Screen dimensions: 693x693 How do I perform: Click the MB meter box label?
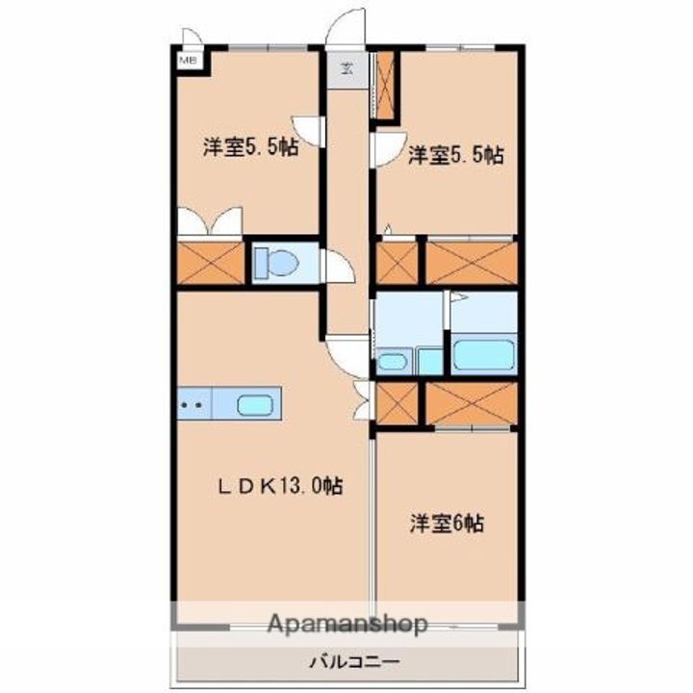click(x=188, y=61)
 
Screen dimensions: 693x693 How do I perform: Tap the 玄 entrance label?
click(x=346, y=68)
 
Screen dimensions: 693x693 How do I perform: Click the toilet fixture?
click(x=276, y=263)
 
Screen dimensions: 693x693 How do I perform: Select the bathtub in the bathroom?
click(x=484, y=353)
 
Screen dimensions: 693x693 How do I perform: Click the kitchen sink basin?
click(x=254, y=404)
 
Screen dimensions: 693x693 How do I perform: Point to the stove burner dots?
click(x=192, y=404)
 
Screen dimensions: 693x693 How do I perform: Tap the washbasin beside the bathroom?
click(x=391, y=362)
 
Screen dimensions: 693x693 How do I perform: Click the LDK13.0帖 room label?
click(x=281, y=486)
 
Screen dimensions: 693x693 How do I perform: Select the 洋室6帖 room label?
click(x=447, y=524)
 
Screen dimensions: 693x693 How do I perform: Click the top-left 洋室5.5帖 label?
click(x=250, y=146)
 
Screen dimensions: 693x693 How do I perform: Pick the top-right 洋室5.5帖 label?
click(x=455, y=156)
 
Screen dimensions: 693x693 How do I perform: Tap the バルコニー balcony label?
click(x=355, y=662)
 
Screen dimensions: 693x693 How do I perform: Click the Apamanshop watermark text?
click(x=347, y=623)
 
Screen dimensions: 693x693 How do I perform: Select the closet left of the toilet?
click(x=211, y=263)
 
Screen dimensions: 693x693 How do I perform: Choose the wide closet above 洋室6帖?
click(x=472, y=403)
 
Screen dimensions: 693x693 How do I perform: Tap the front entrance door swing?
click(x=346, y=27)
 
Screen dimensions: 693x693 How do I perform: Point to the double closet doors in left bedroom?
click(x=210, y=221)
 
